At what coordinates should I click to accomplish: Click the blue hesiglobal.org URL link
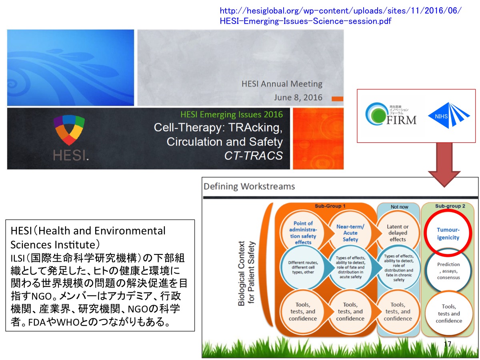[x=340, y=16]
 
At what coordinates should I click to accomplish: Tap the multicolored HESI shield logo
[x=69, y=130]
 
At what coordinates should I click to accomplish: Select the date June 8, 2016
[x=298, y=98]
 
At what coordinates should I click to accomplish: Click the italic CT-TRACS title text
[x=254, y=156]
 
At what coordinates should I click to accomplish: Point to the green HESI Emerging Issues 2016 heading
[x=232, y=114]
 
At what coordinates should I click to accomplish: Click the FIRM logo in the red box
[x=391, y=114]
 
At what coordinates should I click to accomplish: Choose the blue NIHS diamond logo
[x=449, y=115]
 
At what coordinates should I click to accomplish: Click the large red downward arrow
[x=444, y=164]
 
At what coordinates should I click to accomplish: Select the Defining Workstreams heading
[x=249, y=186]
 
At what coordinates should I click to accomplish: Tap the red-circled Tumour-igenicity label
[x=448, y=234]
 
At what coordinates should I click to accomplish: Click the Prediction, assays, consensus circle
[x=448, y=271]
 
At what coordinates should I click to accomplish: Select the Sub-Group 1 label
[x=330, y=206]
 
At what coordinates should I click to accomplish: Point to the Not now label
[x=399, y=207]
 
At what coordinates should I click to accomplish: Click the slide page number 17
[x=448, y=344]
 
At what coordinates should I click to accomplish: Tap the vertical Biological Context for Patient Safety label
[x=246, y=273]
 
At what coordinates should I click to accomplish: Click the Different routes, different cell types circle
[x=303, y=267]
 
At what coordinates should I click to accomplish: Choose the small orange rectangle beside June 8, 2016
[x=337, y=99]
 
